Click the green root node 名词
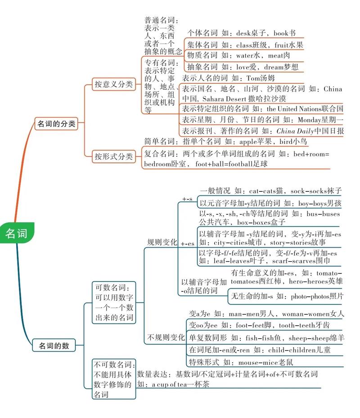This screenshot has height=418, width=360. click(16, 233)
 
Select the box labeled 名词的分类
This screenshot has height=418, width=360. click(56, 123)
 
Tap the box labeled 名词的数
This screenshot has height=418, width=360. click(54, 345)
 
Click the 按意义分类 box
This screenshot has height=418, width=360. click(113, 84)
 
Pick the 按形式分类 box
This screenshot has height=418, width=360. click(113, 157)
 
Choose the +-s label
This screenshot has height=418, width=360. click(187, 199)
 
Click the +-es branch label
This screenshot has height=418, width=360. click(188, 243)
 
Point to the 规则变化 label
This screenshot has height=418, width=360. click(162, 242)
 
